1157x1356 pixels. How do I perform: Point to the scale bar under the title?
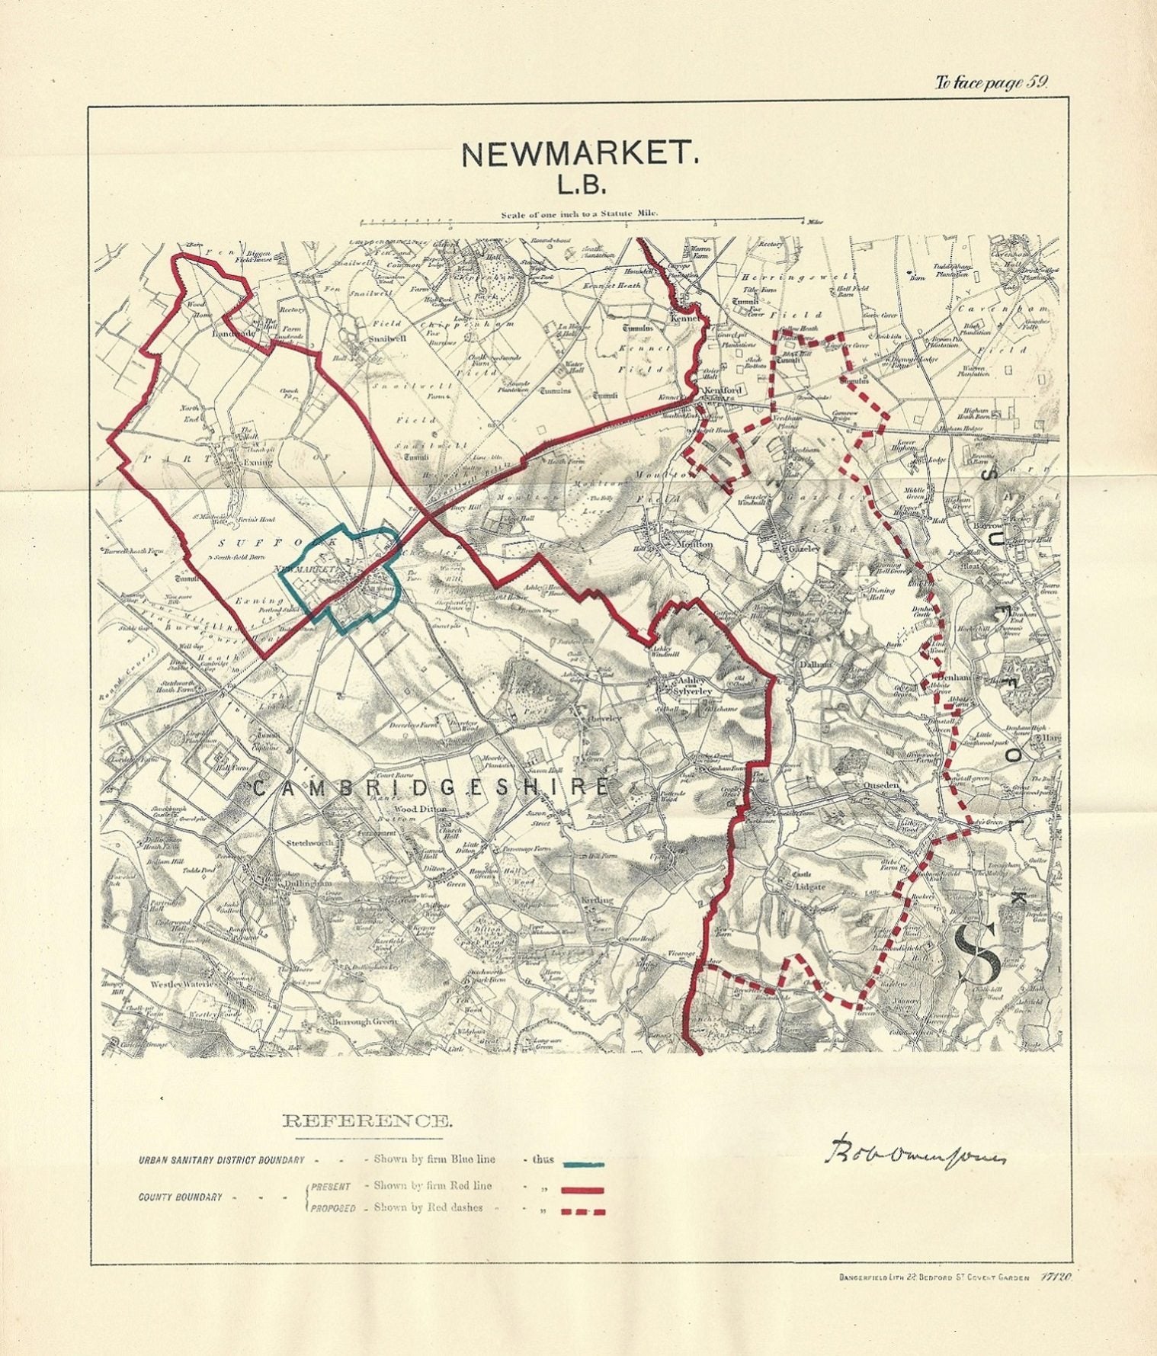[x=581, y=223]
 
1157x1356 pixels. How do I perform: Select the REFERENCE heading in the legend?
[x=367, y=1120]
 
